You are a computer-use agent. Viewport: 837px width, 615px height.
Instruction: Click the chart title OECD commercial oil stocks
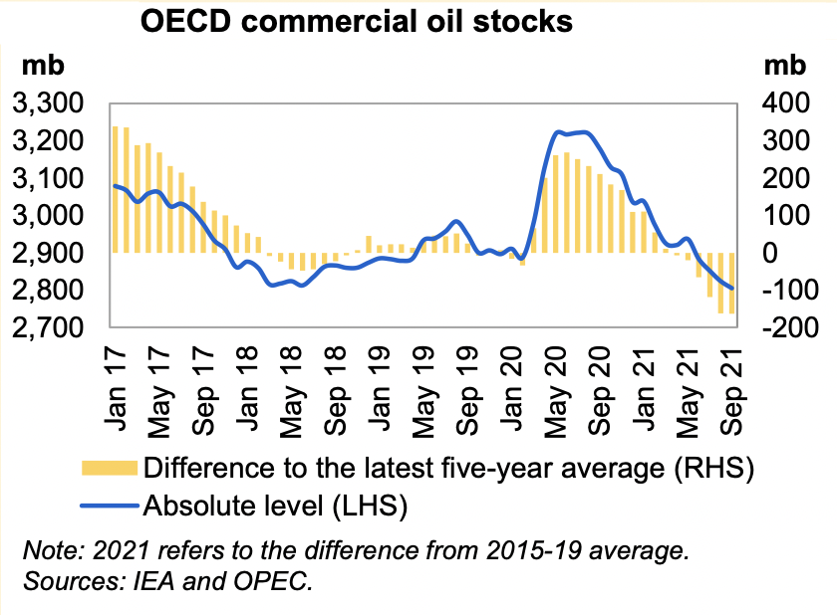pyautogui.click(x=357, y=21)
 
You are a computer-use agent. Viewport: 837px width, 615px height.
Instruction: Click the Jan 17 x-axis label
pyautogui.click(x=119, y=380)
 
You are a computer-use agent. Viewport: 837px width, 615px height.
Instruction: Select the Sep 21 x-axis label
pyautogui.click(x=732, y=380)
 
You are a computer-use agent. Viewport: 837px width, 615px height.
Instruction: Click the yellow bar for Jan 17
pyautogui.click(x=116, y=189)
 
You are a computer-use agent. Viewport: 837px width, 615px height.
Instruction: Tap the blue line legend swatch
pyautogui.click(x=111, y=507)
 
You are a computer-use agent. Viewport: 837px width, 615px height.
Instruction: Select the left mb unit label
pyautogui.click(x=44, y=66)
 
